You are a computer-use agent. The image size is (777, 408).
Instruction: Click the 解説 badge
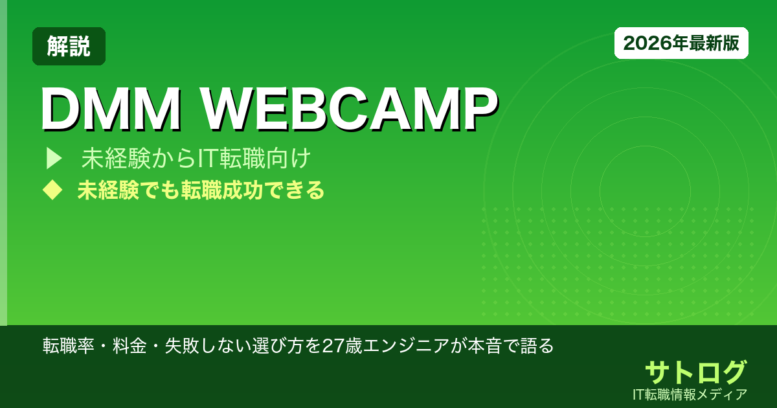tap(69, 46)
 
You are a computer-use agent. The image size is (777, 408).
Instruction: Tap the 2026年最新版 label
tap(681, 43)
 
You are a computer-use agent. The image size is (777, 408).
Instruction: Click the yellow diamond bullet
tap(51, 190)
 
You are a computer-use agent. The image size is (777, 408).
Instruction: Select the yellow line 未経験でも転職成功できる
tap(201, 190)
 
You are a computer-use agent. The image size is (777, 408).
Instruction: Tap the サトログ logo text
tap(695, 372)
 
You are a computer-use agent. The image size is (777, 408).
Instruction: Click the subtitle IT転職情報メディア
tap(691, 394)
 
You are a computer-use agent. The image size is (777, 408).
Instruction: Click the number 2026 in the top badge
tap(641, 43)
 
